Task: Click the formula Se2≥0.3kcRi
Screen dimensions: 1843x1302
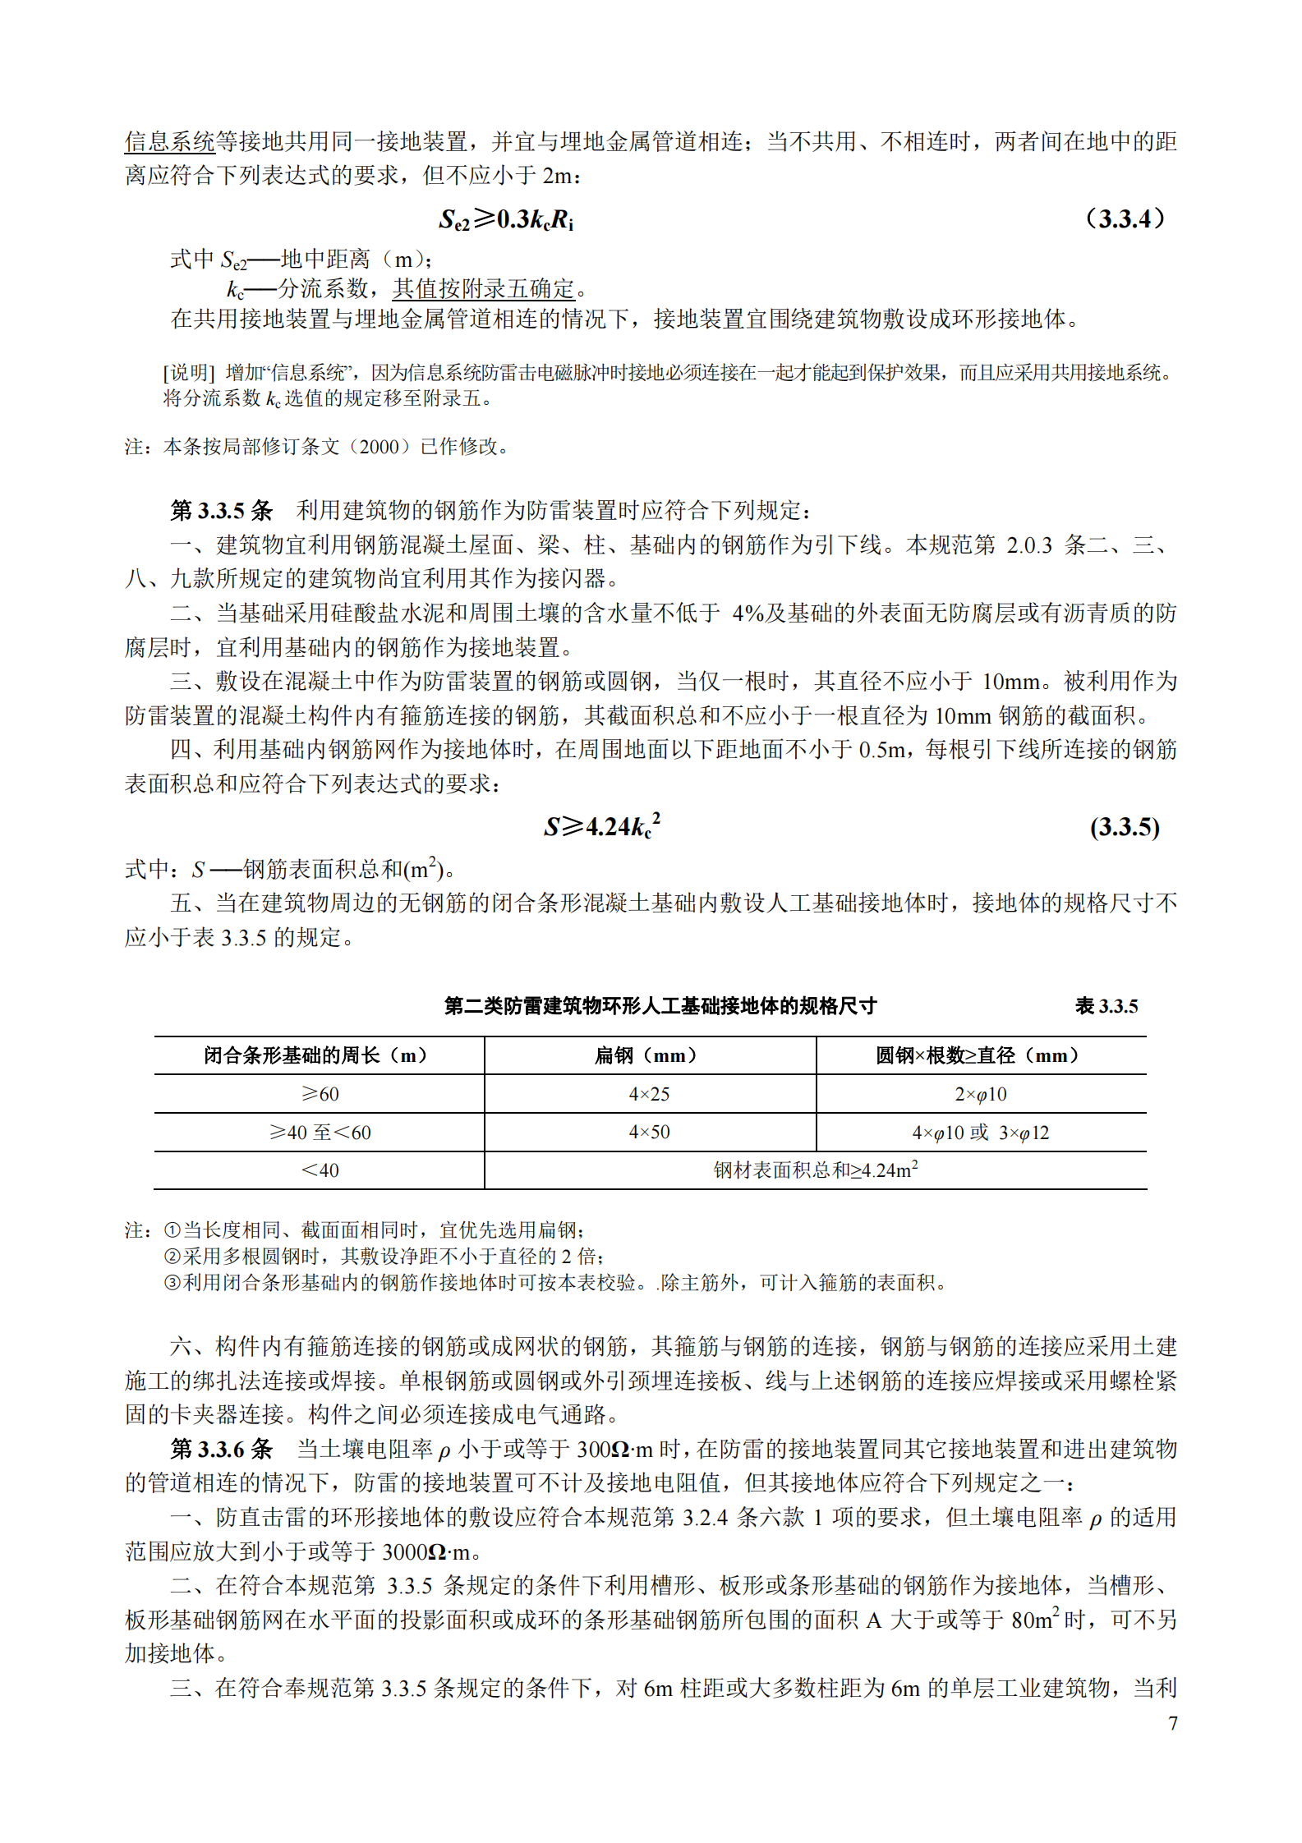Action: pos(506,219)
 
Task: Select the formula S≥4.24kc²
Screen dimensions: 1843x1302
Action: pos(601,826)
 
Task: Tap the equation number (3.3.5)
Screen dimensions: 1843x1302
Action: pos(1125,827)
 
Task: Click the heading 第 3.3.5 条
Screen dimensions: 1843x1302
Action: pos(221,511)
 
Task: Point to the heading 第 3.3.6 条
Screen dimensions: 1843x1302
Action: pos(221,1449)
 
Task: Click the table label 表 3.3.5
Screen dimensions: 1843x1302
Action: pos(1106,1006)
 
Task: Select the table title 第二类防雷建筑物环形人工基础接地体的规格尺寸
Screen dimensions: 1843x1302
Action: pos(660,1006)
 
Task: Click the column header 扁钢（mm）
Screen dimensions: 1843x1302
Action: pos(649,1055)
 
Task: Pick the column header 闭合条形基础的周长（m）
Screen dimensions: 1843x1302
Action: pos(319,1055)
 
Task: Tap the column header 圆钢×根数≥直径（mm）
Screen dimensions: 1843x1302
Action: pos(980,1055)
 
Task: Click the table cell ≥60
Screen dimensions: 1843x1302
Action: pos(320,1094)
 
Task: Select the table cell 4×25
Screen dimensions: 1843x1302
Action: pos(649,1094)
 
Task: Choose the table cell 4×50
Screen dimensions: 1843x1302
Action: pos(649,1133)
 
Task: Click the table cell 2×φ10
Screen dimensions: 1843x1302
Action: pos(980,1094)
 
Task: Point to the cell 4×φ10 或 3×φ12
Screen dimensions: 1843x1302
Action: pos(980,1133)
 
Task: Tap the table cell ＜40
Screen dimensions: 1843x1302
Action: pos(320,1170)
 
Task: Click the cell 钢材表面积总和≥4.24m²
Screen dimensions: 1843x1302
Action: pos(815,1170)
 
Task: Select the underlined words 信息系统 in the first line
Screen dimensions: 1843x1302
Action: pos(170,141)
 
